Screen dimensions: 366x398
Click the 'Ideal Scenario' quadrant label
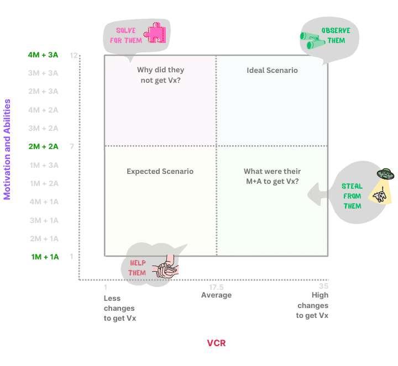[x=272, y=70]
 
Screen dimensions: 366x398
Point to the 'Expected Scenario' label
[x=160, y=171]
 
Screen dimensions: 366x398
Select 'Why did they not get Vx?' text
[x=160, y=75]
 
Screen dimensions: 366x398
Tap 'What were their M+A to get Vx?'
[x=273, y=176]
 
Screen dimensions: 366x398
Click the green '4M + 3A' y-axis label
[x=43, y=55]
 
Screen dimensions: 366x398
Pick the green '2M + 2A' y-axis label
[x=43, y=146]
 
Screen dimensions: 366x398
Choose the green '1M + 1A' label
[x=45, y=257]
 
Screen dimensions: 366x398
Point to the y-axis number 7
[x=72, y=146]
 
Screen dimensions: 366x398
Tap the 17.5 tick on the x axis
[x=216, y=287]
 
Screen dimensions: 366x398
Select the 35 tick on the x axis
[x=323, y=286]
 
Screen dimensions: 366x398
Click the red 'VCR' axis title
[x=216, y=343]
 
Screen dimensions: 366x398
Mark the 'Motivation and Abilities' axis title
[x=8, y=149]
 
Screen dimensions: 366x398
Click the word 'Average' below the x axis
[x=216, y=295]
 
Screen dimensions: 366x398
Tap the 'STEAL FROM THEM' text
[x=352, y=196]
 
